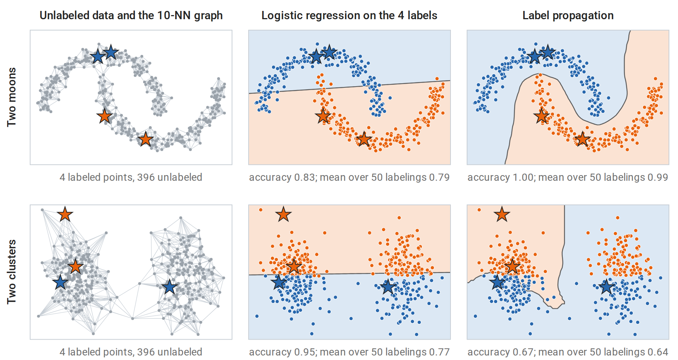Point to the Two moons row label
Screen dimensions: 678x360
click(x=12, y=97)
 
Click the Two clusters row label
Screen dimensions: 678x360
click(x=12, y=272)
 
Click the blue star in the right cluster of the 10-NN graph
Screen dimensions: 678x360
click(x=169, y=287)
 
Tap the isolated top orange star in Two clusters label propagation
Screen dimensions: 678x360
click(x=502, y=215)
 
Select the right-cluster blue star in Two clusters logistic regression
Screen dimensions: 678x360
click(x=388, y=287)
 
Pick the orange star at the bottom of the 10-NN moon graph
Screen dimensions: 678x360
click(x=145, y=139)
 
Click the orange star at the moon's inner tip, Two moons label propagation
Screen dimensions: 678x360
click(x=541, y=116)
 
